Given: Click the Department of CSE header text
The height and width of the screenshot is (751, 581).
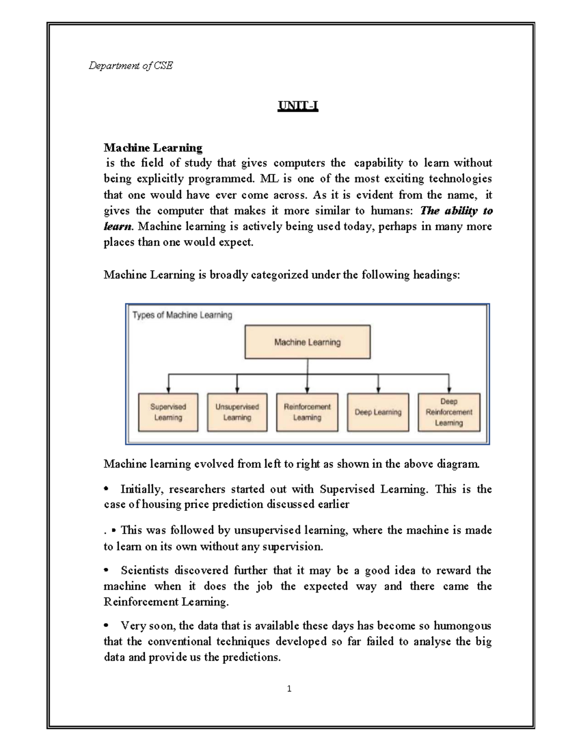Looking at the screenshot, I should click(x=130, y=66).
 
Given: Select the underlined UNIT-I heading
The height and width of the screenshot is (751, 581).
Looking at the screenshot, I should click(x=297, y=106).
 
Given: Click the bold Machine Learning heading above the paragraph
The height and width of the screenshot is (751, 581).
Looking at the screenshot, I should click(x=153, y=147).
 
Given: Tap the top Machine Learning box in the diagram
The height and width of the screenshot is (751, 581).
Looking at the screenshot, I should click(x=307, y=342).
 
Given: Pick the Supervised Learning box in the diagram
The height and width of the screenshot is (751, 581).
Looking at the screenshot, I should click(x=168, y=412).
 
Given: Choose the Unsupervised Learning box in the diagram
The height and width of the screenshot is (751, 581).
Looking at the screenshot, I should click(x=237, y=412).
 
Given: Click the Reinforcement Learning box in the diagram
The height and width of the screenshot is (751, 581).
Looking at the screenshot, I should click(x=307, y=412).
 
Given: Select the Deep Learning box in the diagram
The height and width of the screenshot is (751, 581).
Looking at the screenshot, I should click(x=378, y=412).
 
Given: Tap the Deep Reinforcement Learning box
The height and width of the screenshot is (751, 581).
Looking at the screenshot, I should click(x=449, y=412).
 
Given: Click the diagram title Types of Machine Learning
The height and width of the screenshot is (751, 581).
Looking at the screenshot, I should click(x=182, y=315).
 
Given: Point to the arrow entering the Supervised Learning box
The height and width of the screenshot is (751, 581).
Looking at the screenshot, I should click(x=168, y=384).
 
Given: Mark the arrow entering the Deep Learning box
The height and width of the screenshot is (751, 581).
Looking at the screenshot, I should click(x=378, y=384).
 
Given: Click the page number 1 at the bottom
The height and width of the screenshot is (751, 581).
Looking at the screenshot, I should click(x=289, y=689).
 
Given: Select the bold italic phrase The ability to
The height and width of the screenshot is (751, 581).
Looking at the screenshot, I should click(x=456, y=211).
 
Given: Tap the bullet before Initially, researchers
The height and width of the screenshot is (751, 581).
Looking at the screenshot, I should click(x=107, y=489).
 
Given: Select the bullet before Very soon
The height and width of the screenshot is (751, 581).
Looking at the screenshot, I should click(x=107, y=626).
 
